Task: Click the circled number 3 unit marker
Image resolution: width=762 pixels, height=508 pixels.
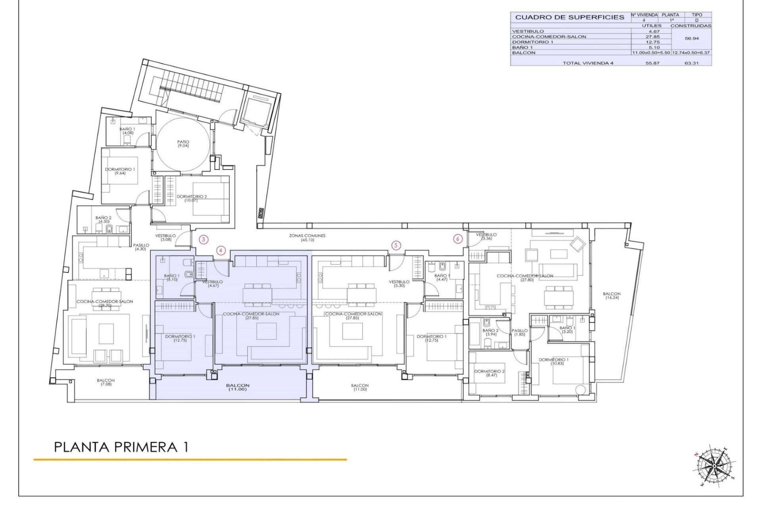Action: [x=204, y=239]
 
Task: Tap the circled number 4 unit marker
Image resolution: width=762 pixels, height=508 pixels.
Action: [x=221, y=250]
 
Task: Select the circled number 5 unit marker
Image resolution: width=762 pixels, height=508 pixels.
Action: [x=396, y=245]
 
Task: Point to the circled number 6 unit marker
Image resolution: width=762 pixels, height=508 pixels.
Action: [x=458, y=239]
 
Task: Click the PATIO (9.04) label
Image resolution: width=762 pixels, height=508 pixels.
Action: [x=183, y=144]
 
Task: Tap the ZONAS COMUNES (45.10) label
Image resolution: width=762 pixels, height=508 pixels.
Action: [x=307, y=238]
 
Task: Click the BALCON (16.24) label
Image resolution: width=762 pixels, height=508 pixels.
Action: [x=612, y=296]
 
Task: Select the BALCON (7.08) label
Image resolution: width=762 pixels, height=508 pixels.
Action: [x=106, y=382]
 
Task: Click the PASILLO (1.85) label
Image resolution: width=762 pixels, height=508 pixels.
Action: [x=520, y=332]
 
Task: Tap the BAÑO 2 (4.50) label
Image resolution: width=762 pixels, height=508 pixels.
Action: [x=104, y=219]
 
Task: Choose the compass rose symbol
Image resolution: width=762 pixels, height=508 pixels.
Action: [x=713, y=465]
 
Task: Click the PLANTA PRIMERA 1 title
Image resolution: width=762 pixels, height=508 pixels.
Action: [x=121, y=447]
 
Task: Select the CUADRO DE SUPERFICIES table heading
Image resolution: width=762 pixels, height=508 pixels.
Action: [x=570, y=17]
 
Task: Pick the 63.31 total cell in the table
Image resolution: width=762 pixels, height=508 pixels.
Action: [x=691, y=63]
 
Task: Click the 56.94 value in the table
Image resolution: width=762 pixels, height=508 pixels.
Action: [x=692, y=39]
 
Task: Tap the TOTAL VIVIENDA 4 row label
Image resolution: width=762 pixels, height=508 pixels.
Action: [x=588, y=63]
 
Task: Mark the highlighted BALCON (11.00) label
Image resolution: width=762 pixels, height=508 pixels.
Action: [x=238, y=387]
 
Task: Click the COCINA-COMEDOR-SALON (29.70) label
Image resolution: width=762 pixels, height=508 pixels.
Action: [x=105, y=304]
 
